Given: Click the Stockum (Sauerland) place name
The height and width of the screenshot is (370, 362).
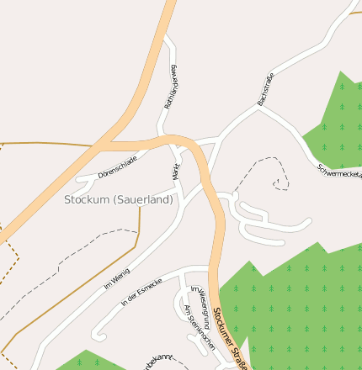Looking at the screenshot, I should (x=118, y=200).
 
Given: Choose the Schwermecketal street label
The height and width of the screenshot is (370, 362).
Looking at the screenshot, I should (x=339, y=171).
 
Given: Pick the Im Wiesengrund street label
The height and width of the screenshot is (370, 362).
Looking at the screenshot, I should (x=199, y=299).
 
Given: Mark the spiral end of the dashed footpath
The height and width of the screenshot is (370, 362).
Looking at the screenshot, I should (x=278, y=182).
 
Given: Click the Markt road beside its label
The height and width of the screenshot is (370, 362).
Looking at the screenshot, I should (x=181, y=172).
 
